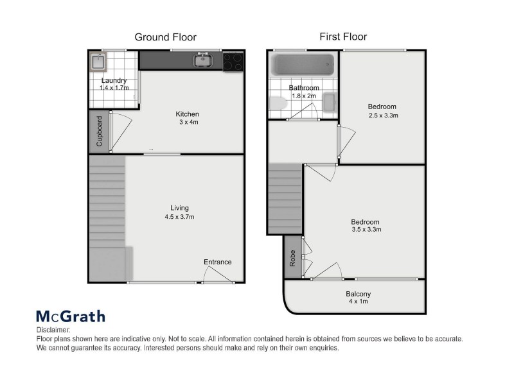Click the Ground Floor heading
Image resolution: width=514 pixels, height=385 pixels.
pyautogui.click(x=165, y=37)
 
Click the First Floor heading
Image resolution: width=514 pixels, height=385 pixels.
pyautogui.click(x=343, y=37)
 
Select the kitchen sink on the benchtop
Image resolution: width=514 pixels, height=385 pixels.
pyautogui.click(x=203, y=61)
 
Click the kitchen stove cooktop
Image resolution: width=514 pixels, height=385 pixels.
pyautogui.click(x=233, y=62)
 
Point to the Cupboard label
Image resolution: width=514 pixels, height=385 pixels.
pyautogui.click(x=100, y=131)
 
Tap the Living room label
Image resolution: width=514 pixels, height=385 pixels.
pyautogui.click(x=179, y=208)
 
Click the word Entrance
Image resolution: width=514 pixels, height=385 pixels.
pyautogui.click(x=217, y=262)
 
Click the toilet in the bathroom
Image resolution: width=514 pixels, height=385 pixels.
pyautogui.click(x=277, y=104)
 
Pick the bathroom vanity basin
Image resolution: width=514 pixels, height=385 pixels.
pyautogui.click(x=329, y=103)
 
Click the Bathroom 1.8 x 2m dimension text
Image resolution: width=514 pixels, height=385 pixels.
pyautogui.click(x=304, y=96)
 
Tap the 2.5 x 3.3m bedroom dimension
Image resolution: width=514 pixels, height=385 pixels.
pyautogui.click(x=384, y=116)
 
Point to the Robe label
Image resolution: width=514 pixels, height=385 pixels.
pyautogui.click(x=292, y=258)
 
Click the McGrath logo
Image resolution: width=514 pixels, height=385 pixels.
pyautogui.click(x=70, y=316)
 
